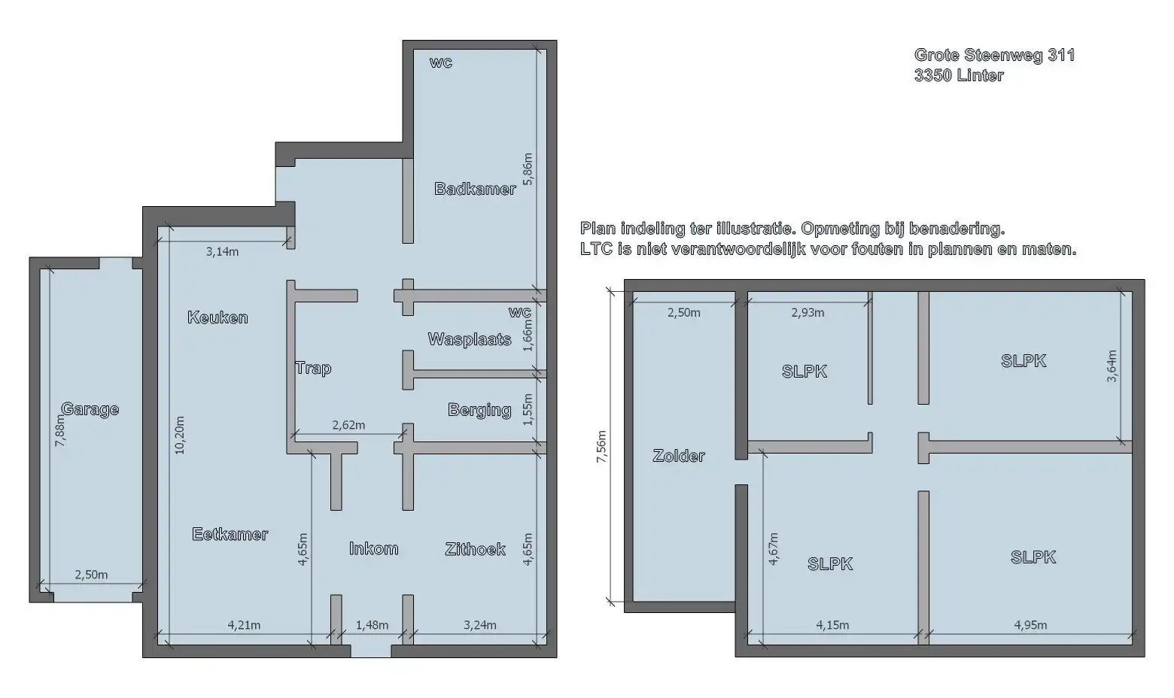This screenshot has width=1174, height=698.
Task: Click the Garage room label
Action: click(90, 409)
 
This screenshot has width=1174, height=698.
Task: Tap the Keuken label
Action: click(217, 317)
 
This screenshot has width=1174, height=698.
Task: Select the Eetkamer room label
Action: click(230, 534)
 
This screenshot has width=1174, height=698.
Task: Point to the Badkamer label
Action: click(475, 189)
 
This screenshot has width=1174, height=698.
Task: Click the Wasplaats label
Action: click(470, 339)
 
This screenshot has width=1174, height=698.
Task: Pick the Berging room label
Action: click(479, 410)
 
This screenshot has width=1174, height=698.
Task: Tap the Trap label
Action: click(313, 368)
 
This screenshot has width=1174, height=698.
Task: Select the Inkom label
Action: click(373, 548)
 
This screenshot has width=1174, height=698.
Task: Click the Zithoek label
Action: click(475, 549)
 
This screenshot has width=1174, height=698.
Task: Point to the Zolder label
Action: click(679, 456)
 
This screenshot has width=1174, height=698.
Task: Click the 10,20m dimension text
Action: click(179, 434)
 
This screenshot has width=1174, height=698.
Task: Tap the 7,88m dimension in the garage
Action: click(60, 431)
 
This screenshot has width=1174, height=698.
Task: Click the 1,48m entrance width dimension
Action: click(372, 625)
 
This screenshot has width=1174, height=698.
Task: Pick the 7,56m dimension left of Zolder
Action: click(601, 447)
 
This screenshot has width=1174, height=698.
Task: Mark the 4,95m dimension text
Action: click(1030, 625)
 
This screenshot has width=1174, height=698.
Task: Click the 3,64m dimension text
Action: click(1112, 366)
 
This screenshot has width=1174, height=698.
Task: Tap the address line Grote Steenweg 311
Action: click(994, 55)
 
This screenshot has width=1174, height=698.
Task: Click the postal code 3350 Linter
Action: click(959, 75)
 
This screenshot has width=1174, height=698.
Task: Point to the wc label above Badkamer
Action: click(441, 62)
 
